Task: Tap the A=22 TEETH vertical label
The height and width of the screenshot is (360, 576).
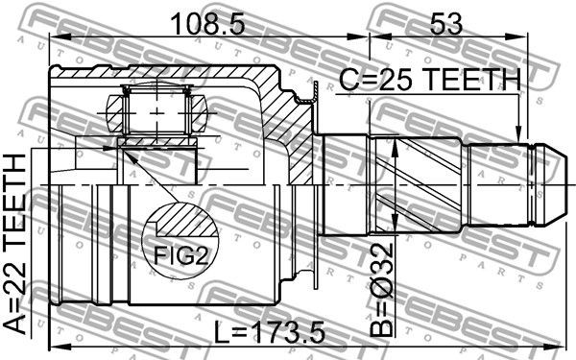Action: click(18, 244)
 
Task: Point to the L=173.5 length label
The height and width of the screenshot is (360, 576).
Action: click(270, 332)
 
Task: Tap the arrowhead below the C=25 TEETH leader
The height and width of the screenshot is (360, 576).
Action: click(519, 134)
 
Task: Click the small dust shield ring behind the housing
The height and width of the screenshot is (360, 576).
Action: click(313, 91)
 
